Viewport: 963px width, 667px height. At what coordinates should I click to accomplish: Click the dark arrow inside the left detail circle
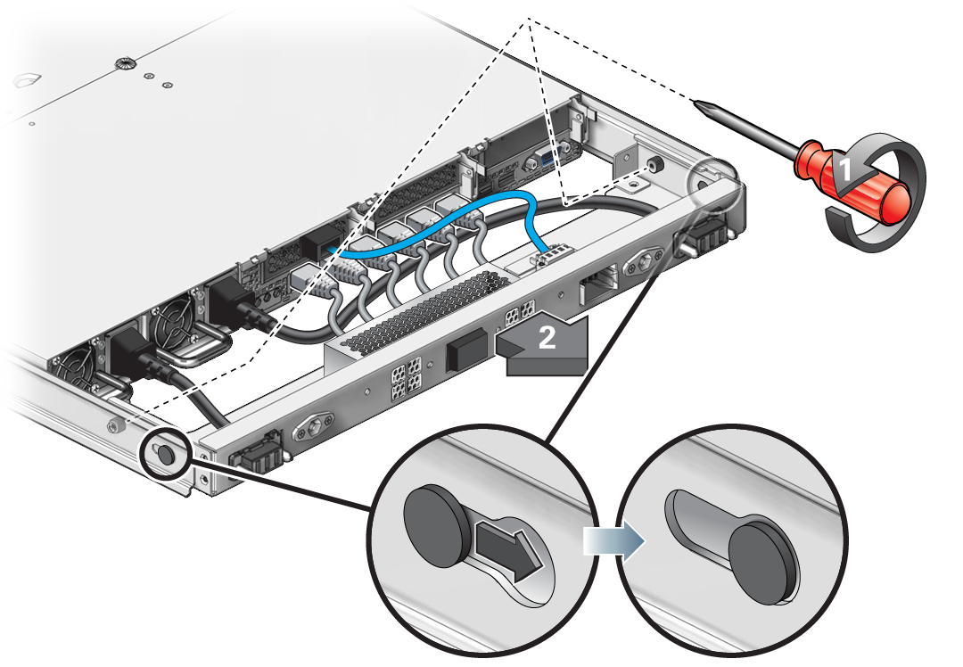[x=509, y=548]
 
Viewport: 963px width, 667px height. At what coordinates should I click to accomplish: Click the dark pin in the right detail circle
[x=762, y=562]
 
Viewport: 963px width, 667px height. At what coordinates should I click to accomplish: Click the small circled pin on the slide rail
[x=166, y=454]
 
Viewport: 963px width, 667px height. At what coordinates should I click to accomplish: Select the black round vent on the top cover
[x=123, y=62]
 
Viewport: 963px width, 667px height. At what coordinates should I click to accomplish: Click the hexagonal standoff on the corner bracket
[x=654, y=164]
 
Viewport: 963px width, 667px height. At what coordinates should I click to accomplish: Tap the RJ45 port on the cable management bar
[x=598, y=285]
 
